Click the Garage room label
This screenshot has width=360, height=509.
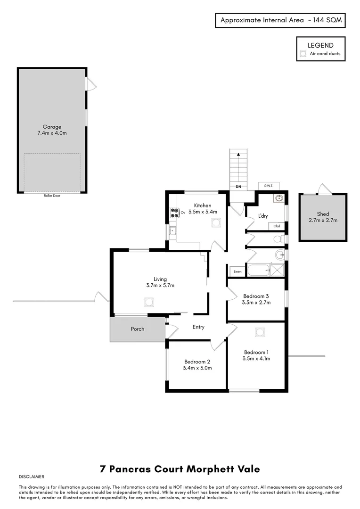point(52,127)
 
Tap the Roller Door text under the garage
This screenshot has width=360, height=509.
point(52,196)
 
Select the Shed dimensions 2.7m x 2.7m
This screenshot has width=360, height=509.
point(323,220)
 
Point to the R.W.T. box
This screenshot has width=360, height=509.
point(269,186)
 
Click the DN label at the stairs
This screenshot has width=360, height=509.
point(239,187)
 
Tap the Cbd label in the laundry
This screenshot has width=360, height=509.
point(277,226)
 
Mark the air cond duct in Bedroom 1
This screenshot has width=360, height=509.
point(259,332)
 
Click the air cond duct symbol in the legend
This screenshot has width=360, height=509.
point(303,54)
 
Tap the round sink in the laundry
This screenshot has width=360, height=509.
point(279,198)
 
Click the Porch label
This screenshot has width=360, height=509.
point(138,329)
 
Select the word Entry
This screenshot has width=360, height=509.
point(198,327)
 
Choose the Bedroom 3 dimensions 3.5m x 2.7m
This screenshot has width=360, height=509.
point(256,303)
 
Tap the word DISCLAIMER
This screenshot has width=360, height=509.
point(32,477)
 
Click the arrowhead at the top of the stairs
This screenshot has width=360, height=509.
point(239,154)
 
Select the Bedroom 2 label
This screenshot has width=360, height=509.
point(197,361)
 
